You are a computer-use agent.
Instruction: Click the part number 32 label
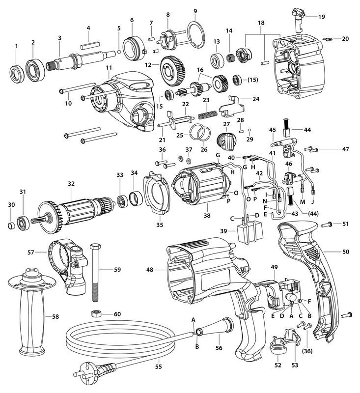71,183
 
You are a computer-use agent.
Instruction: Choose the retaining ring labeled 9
195,35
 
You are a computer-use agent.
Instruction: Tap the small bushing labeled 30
10,227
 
